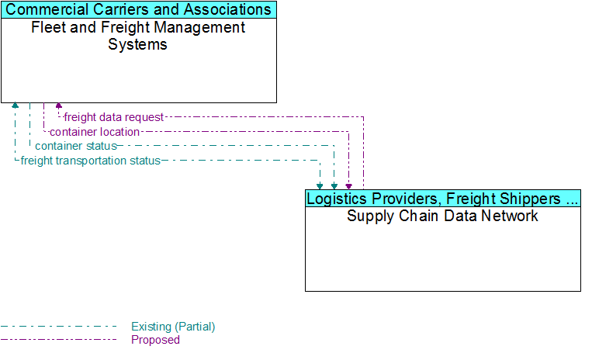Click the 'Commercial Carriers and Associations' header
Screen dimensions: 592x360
(139, 9)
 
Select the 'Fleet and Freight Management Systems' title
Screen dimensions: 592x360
(138, 36)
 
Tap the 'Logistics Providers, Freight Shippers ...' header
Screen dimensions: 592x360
(442, 199)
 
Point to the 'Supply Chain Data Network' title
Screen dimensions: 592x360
(442, 216)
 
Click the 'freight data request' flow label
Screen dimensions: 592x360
(113, 117)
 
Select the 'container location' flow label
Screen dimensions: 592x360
(95, 132)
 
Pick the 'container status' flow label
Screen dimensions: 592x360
(76, 146)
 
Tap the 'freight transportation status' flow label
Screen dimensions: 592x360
(91, 161)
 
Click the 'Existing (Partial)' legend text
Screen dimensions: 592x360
(173, 327)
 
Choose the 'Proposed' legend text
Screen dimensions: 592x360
(155, 340)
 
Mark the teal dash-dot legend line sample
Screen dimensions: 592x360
(58, 327)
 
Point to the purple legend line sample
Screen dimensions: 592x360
(58, 340)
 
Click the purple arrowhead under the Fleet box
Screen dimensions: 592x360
(58, 106)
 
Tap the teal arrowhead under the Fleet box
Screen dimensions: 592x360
(15, 106)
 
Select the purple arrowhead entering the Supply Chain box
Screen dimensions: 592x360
(349, 186)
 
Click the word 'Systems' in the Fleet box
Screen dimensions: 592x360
(138, 44)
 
